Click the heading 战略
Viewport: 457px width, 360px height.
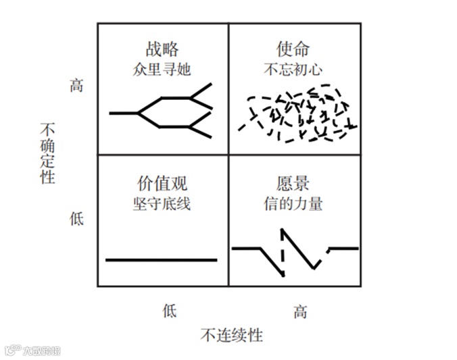(x=162, y=49)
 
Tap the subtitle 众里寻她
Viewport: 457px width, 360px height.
(x=162, y=68)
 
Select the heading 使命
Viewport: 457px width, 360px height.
(x=293, y=49)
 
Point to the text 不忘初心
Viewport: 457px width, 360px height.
(x=293, y=68)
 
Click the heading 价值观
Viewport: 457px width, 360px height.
(x=162, y=183)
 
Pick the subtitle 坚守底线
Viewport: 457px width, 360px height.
(x=162, y=203)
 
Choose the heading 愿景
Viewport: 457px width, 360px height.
(x=293, y=183)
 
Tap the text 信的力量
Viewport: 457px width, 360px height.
(x=293, y=203)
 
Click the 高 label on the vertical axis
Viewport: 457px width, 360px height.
(x=76, y=86)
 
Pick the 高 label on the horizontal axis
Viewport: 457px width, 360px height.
(x=300, y=311)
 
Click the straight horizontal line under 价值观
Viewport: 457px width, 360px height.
(x=162, y=259)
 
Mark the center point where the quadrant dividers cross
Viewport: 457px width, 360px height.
(x=228, y=155)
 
